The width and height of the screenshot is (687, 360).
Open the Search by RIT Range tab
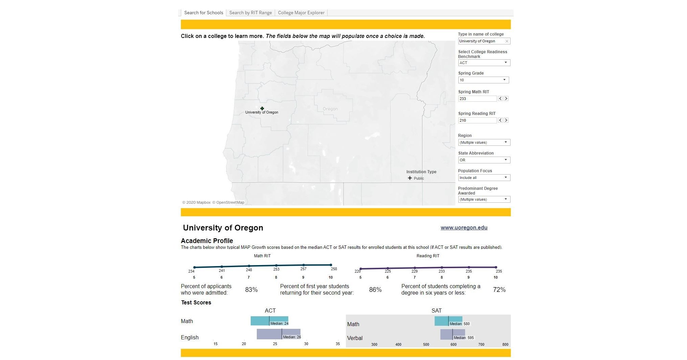[x=250, y=13]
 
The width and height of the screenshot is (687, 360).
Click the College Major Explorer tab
[x=301, y=13]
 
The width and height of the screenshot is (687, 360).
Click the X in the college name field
[x=507, y=41]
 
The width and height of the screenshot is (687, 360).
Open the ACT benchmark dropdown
[x=484, y=63]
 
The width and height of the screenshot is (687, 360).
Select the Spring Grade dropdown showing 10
[x=483, y=80]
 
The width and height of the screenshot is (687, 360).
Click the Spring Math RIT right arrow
[x=506, y=99]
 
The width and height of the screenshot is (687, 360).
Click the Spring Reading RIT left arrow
[x=500, y=120]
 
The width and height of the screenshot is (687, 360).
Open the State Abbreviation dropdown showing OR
[x=484, y=160]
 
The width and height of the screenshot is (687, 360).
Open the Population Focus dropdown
[x=484, y=178]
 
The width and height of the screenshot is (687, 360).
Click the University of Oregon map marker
[x=262, y=108]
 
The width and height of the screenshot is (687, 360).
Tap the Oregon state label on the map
[x=330, y=109]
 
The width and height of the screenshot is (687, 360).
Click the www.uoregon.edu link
[x=464, y=228]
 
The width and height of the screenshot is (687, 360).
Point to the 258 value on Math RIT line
[x=334, y=269]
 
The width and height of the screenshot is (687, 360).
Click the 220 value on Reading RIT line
[x=357, y=271]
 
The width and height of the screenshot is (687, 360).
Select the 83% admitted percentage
[x=251, y=289]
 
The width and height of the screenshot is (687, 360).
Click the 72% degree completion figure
[x=499, y=289]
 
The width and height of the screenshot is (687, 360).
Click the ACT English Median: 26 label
[x=292, y=337]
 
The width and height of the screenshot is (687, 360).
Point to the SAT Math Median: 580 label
[x=459, y=324]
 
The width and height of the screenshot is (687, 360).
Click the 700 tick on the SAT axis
[x=481, y=344]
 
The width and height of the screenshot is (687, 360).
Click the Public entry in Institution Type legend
[x=418, y=178]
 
